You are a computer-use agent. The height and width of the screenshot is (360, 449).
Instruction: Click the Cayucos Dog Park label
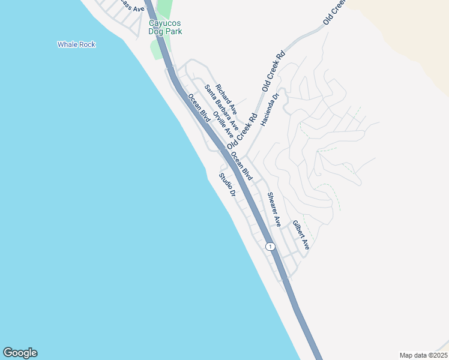coord(165,27)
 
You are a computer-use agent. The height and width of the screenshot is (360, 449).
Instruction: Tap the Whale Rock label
coord(76,44)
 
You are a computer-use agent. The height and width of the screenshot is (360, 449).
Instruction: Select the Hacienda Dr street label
coord(270,109)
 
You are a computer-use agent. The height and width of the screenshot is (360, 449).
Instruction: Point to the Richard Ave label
coord(227,100)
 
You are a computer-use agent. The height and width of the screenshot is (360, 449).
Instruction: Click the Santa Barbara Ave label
coord(221,107)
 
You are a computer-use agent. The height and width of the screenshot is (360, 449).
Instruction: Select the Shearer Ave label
coord(274,209)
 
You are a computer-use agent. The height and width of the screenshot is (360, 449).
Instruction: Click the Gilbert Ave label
coord(301,235)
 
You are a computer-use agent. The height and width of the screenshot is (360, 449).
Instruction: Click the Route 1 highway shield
coord(270,247)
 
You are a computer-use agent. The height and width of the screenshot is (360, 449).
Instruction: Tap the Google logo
coord(20,353)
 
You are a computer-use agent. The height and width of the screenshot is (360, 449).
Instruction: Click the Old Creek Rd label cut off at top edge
coord(335,11)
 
